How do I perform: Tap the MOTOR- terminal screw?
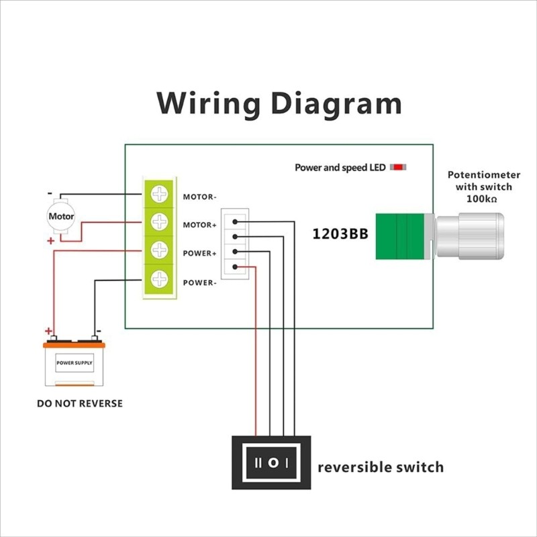tap(160, 195)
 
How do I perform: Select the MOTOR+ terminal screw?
tap(160, 221)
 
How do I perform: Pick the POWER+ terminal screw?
tap(160, 250)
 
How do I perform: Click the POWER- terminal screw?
tap(160, 278)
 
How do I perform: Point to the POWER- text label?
tap(199, 283)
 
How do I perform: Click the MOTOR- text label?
tap(199, 197)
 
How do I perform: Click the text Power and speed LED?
tap(340, 168)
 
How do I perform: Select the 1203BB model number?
tap(339, 235)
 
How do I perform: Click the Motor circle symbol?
tap(61, 216)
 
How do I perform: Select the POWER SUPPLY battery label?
tap(75, 362)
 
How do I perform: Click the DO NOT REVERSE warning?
tap(80, 403)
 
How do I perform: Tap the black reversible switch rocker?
tap(271, 463)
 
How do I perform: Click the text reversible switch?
tap(380, 467)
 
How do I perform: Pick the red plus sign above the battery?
tap(48, 331)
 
